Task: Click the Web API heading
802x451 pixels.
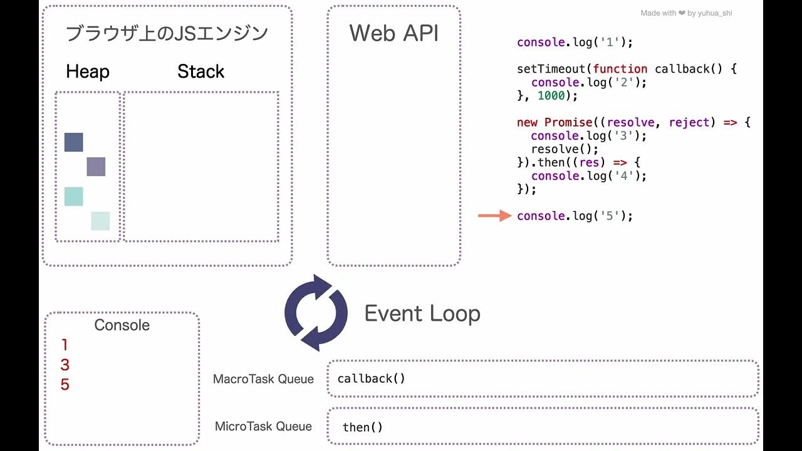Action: click(393, 33)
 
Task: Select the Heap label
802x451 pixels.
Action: click(87, 71)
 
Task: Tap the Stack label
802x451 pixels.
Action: click(200, 71)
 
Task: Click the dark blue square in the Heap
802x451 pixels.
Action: click(73, 142)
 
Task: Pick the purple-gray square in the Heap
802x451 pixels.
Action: click(96, 167)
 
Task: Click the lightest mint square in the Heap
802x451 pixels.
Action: click(100, 221)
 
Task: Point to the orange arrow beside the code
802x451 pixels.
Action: click(495, 216)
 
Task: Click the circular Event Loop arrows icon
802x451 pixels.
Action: click(316, 313)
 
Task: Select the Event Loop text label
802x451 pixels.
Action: click(422, 313)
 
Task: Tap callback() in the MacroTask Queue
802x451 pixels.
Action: click(371, 378)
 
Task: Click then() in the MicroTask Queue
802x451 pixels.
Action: click(362, 427)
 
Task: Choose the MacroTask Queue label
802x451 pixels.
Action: click(263, 379)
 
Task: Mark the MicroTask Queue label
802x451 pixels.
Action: click(263, 427)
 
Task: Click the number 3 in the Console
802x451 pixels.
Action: click(65, 365)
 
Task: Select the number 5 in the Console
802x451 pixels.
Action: click(65, 385)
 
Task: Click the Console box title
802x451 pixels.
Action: click(122, 325)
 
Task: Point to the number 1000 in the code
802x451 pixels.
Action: click(551, 96)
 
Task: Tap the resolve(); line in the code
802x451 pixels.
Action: click(565, 149)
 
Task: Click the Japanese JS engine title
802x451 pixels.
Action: click(167, 33)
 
